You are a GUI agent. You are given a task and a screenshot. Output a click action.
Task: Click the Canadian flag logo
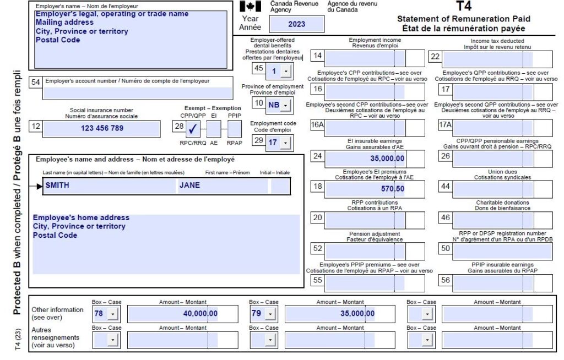(x=251, y=7)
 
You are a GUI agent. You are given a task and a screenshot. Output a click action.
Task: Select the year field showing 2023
(x=296, y=24)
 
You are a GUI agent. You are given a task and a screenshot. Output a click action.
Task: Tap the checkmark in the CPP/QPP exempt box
(x=193, y=129)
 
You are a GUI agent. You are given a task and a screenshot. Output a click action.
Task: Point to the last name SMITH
(x=57, y=186)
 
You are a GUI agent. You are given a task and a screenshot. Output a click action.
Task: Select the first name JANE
(x=189, y=186)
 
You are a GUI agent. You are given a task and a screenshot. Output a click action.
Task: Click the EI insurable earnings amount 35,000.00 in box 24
(x=387, y=159)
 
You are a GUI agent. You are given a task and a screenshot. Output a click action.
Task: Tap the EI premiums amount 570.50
(x=392, y=188)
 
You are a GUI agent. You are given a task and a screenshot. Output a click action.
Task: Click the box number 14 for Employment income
(x=318, y=56)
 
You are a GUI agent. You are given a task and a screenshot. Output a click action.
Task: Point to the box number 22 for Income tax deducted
(x=435, y=56)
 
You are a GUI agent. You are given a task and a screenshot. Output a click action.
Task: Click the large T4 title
(x=463, y=7)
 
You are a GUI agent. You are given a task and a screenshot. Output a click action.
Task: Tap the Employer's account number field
(x=138, y=92)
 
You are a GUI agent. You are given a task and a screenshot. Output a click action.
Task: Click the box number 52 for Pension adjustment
(x=318, y=249)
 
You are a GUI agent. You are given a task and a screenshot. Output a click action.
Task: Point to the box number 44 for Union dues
(x=446, y=187)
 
